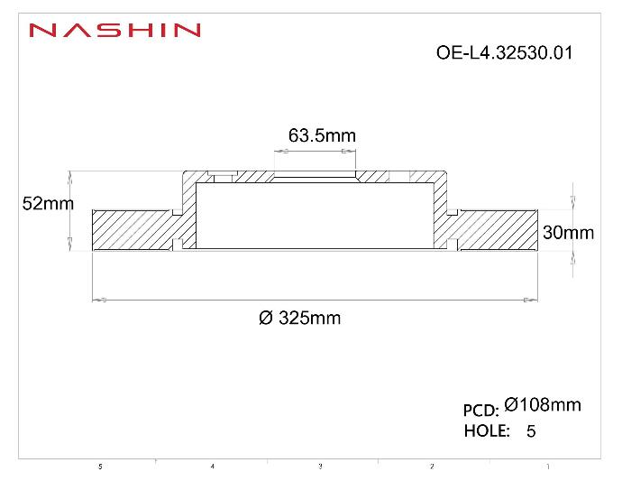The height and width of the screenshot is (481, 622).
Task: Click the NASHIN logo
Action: pos(114,31)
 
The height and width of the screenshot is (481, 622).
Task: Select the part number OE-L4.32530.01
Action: pos(503,52)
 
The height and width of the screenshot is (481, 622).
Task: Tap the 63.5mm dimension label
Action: pos(322,135)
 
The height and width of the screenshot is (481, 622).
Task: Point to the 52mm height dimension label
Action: pos(47,204)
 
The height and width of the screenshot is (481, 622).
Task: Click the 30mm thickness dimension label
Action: pos(568,233)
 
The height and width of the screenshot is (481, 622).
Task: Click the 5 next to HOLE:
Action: pos(530,431)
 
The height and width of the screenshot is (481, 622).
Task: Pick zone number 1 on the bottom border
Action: pos(548,467)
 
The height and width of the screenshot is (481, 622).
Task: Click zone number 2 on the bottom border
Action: pos(432,467)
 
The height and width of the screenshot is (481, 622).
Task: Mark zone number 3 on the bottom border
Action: pos(320,467)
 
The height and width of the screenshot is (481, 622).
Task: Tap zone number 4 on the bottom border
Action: pos(212,467)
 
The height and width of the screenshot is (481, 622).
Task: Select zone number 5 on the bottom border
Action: pos(100,467)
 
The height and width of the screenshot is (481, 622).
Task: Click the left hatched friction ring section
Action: pos(131,230)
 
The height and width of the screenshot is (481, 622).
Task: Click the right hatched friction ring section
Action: pos(496,230)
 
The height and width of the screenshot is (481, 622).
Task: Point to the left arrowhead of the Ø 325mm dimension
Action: pos(100,299)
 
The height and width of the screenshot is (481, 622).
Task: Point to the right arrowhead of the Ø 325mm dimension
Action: pos(532,299)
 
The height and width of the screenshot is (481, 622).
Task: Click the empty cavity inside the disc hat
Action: pos(316,217)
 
